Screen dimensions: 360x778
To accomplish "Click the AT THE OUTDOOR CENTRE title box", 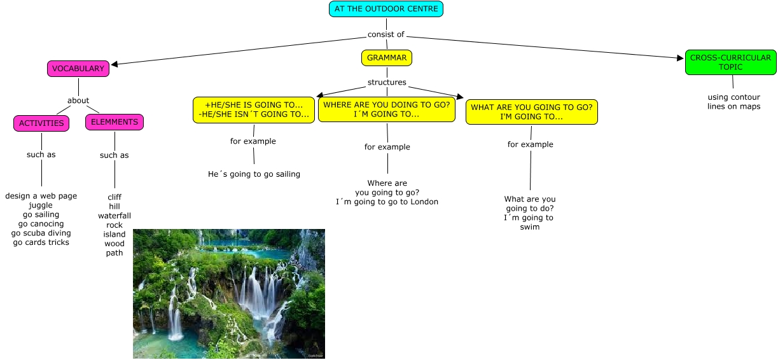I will (x=386, y=9).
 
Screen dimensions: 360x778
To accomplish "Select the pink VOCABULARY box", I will (x=78, y=69).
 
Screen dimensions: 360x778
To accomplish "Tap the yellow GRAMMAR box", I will (x=387, y=58).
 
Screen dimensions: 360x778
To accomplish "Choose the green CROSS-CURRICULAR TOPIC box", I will (x=731, y=62).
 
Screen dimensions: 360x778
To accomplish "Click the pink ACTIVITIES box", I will (x=41, y=123).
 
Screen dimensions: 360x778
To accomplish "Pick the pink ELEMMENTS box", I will (x=115, y=122).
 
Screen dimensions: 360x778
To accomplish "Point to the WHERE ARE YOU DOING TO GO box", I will (x=387, y=109).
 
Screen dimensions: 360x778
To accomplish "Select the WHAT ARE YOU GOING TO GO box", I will (x=531, y=112).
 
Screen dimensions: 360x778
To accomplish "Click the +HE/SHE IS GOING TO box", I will (x=254, y=109).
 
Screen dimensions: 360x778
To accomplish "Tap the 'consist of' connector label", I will (x=386, y=34).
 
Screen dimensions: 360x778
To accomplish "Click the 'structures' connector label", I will (x=387, y=82).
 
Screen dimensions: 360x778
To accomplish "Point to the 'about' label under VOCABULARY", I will (x=78, y=100).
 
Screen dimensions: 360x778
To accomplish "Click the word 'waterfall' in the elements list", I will (x=115, y=216).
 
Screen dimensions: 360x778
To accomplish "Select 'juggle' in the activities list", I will (x=41, y=205).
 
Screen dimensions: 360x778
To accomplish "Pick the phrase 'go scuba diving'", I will (x=41, y=233).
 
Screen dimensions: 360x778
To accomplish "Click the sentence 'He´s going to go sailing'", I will (x=254, y=174).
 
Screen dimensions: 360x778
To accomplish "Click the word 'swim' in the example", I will (x=529, y=226).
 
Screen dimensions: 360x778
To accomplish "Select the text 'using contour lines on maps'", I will (x=733, y=102).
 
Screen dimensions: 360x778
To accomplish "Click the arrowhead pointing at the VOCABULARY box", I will (x=115, y=64).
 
